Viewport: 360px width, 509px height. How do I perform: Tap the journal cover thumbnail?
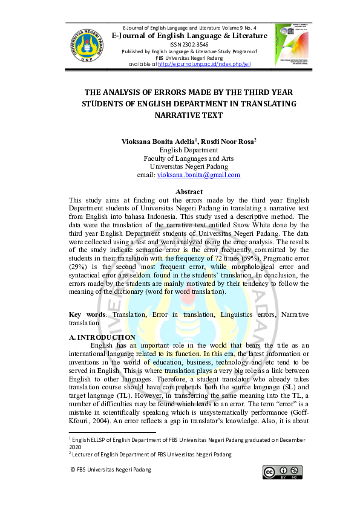(291, 46)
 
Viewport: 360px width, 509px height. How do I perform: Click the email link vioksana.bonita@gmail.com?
(198, 175)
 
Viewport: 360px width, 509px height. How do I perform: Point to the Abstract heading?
(188, 192)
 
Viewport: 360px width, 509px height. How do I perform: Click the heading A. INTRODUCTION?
(102, 337)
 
